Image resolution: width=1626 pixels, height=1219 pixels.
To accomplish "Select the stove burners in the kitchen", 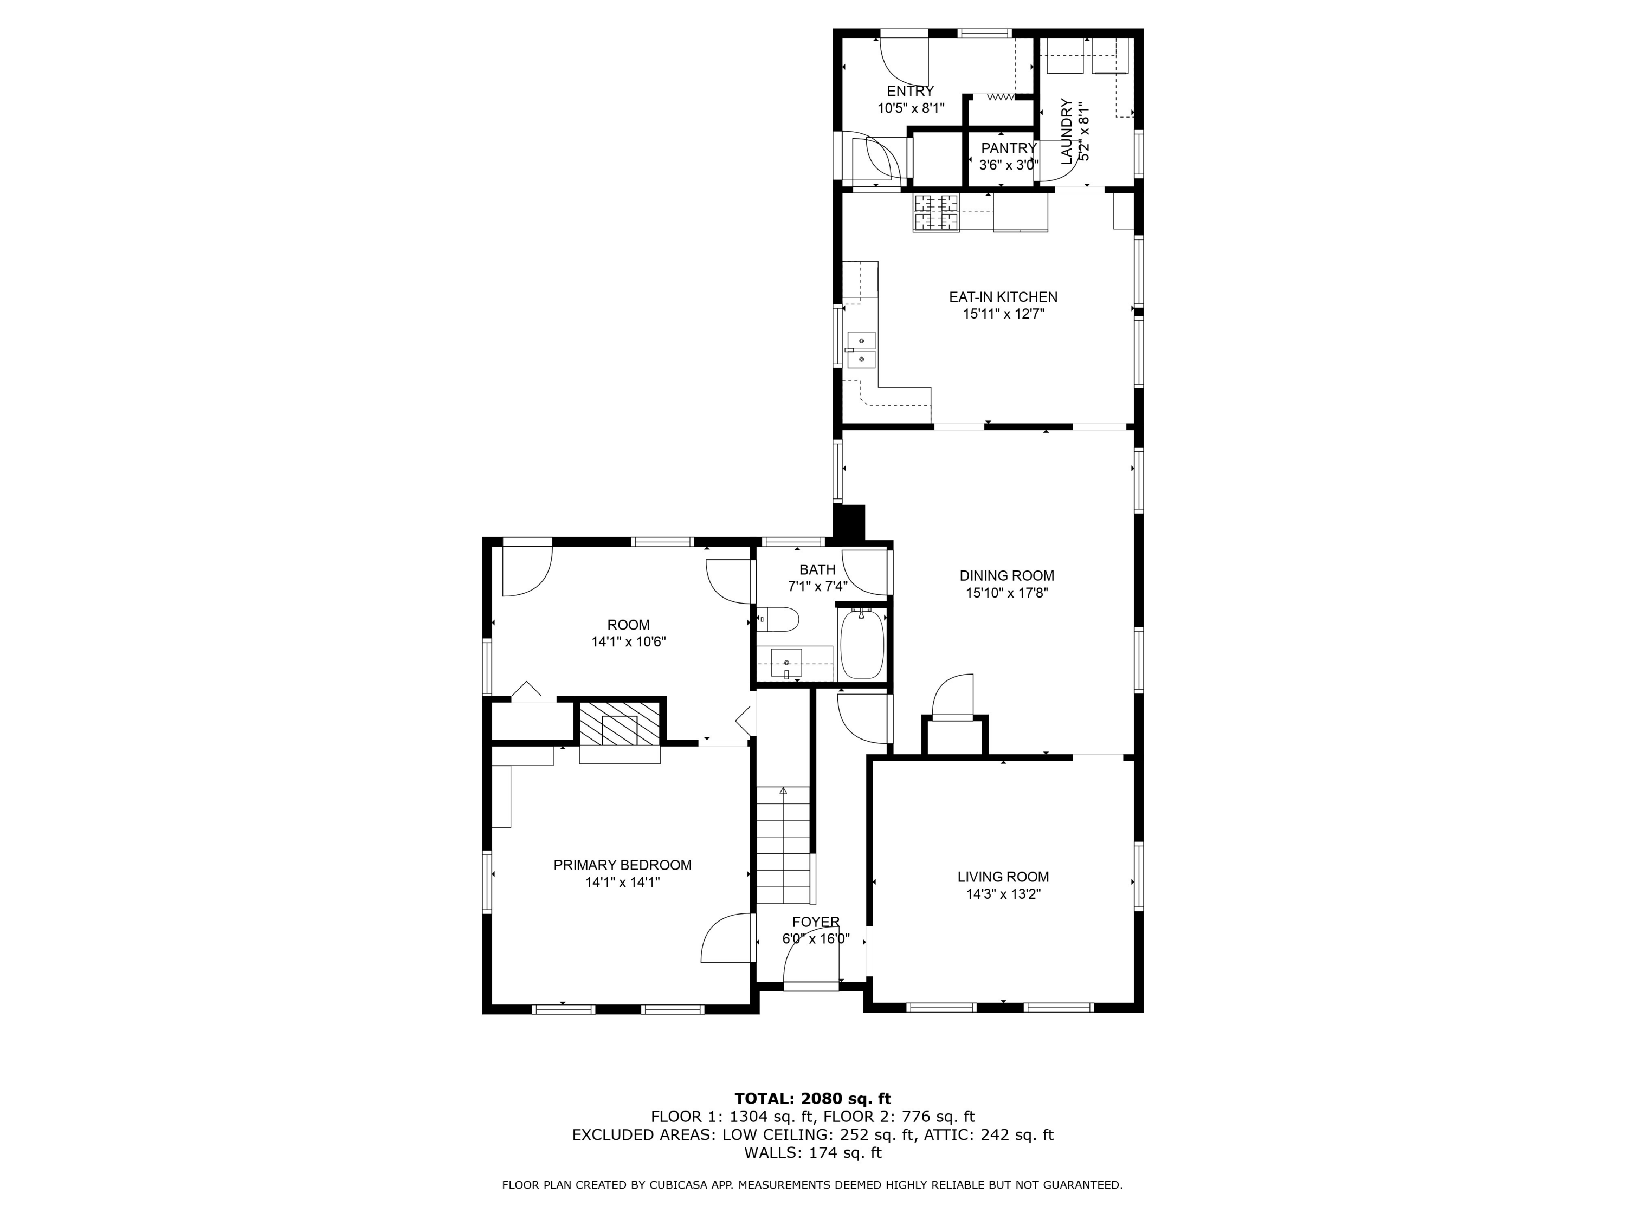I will tap(935, 212).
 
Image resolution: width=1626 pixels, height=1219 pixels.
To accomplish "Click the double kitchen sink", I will tap(861, 351).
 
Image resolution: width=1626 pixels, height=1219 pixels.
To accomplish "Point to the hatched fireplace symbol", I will tap(620, 724).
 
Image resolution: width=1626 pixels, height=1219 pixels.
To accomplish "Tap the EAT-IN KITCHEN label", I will tap(1003, 297).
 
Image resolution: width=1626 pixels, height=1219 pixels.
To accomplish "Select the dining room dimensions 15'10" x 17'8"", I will tap(1006, 593).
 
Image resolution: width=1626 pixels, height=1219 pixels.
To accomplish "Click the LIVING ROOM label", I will tap(1003, 877).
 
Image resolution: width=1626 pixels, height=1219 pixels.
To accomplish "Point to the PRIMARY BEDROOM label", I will tap(622, 865).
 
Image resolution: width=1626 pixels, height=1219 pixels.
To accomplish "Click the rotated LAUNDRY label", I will tap(1067, 132).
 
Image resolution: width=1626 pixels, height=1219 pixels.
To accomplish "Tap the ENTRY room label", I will tap(910, 91).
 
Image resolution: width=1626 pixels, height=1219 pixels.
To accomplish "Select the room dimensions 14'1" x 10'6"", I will tap(629, 641).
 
